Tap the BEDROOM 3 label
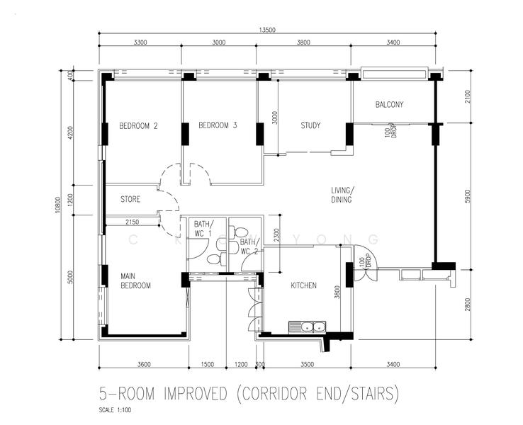coord(217,126)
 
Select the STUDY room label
coord(310,126)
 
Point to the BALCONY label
coord(389,105)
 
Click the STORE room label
coord(130,199)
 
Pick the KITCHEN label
coord(303,286)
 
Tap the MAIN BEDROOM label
coord(135,281)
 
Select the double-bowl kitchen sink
coord(307,327)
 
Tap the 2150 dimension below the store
coord(132,222)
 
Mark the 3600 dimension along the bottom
coord(143,364)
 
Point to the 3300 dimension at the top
coord(140,42)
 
